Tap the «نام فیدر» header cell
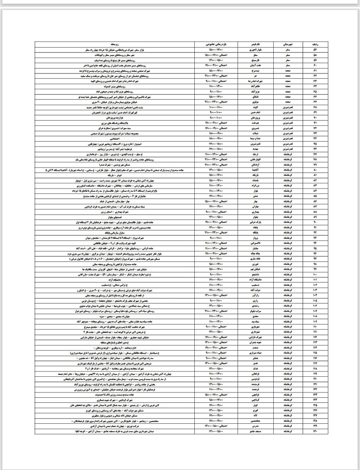[x=260, y=44]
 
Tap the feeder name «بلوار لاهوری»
[x=260, y=50]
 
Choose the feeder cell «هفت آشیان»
[x=260, y=65]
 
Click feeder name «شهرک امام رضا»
[x=260, y=81]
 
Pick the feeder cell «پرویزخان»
[x=260, y=118]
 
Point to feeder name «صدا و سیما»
[x=260, y=139]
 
